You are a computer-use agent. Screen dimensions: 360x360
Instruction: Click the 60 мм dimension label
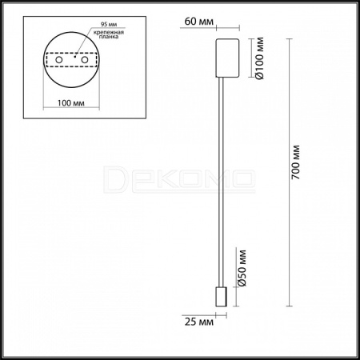[198, 22]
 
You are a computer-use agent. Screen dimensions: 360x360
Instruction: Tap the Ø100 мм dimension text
[259, 58]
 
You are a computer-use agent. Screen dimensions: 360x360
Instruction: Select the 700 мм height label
[295, 162]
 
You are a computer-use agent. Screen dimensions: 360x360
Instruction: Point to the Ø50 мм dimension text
[242, 268]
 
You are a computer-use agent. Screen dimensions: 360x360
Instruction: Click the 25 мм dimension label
[199, 322]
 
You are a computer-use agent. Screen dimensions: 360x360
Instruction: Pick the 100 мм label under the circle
[71, 103]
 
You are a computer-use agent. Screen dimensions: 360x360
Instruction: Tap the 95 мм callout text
[109, 24]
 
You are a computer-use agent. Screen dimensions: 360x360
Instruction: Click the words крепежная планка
[109, 34]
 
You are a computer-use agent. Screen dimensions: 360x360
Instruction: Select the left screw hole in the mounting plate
[59, 60]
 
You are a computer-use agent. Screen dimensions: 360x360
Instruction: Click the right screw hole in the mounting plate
[85, 60]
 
